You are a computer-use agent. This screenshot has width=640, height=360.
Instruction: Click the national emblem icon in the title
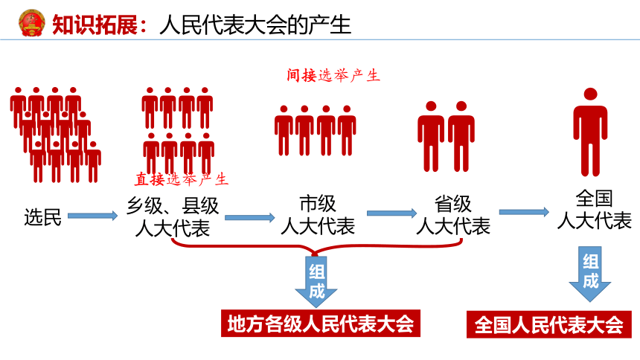click(x=31, y=23)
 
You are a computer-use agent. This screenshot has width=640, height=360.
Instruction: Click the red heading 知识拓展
click(x=95, y=25)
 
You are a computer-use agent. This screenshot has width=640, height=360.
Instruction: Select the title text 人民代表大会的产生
click(x=255, y=25)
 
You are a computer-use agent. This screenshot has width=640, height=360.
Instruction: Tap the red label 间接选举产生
click(x=333, y=76)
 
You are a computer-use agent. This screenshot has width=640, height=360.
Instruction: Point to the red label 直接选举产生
click(x=182, y=179)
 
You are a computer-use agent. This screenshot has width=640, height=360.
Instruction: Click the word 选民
click(x=42, y=216)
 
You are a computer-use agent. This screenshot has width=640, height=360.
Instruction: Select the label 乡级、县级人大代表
click(x=172, y=216)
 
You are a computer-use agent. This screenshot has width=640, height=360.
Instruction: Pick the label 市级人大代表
click(x=318, y=215)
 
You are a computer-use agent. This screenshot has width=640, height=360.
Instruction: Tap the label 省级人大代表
click(x=453, y=215)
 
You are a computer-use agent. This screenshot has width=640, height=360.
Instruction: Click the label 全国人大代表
click(x=595, y=210)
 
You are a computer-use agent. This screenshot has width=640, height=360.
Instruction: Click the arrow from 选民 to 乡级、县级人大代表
click(x=93, y=216)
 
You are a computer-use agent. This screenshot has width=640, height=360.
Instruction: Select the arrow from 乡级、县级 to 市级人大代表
click(x=250, y=217)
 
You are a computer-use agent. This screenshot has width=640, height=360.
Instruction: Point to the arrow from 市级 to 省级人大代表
click(x=392, y=213)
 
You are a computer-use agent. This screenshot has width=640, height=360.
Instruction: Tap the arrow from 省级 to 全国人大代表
click(x=524, y=211)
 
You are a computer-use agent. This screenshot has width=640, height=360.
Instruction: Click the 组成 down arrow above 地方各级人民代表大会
click(x=316, y=282)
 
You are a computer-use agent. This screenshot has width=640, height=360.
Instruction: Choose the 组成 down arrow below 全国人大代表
click(x=590, y=274)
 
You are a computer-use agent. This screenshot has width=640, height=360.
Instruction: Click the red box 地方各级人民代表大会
click(x=321, y=324)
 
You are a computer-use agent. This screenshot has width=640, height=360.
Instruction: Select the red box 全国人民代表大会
click(x=549, y=325)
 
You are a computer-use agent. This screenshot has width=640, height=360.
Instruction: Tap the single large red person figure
click(x=590, y=132)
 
